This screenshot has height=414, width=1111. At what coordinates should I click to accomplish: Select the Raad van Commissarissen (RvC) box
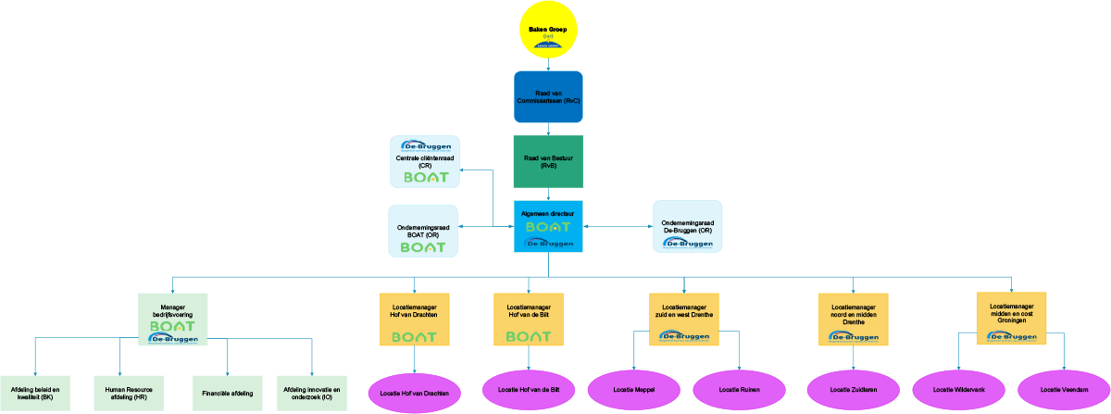tap(548, 96)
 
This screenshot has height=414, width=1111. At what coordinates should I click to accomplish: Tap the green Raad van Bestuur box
tap(548, 162)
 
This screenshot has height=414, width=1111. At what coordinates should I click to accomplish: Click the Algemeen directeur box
tap(548, 225)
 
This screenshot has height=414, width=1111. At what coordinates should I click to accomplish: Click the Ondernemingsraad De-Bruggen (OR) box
tap(687, 226)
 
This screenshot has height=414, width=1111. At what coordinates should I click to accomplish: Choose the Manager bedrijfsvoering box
tap(172, 320)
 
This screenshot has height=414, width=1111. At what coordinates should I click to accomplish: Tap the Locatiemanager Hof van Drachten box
tap(414, 320)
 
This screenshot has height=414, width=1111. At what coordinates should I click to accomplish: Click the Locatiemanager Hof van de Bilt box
tap(528, 320)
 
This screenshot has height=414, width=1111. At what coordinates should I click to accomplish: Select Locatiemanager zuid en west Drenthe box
tap(685, 320)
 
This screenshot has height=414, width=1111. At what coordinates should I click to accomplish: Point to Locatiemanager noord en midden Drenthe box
tap(853, 320)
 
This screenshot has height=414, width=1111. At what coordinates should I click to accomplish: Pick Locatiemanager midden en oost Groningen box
tap(1011, 319)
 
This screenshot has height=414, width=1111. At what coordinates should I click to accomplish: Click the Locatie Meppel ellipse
tap(633, 389)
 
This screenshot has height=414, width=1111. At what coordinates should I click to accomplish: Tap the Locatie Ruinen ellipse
tap(738, 389)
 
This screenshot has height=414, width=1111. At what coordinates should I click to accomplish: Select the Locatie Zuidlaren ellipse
tap(853, 389)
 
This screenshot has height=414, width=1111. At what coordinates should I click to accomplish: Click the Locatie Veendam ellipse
tap(1062, 389)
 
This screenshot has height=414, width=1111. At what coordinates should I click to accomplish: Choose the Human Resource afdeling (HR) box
tap(130, 394)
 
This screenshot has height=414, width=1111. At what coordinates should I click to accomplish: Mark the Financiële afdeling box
tap(228, 394)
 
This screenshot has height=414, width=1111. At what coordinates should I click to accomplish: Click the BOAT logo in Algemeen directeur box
tap(548, 227)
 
